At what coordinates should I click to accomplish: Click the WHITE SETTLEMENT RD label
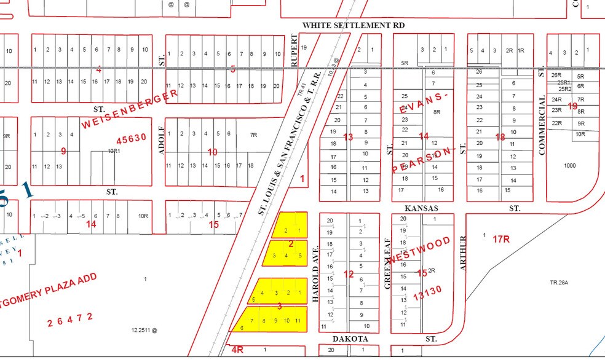point(353,25)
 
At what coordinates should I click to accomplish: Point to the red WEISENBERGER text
point(130,109)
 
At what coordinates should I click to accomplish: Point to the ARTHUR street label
point(464,252)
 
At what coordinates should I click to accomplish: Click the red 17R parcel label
point(501,239)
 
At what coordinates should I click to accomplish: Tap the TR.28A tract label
point(560,283)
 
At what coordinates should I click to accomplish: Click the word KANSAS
point(419,208)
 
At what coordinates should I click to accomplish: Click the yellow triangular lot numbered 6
point(242,327)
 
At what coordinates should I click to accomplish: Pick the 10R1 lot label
point(113,151)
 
